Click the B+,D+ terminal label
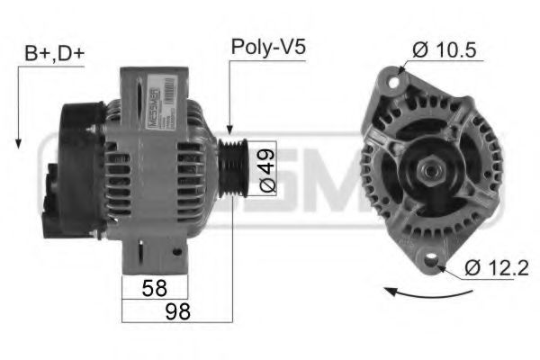[53, 55]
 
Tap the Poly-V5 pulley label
[267, 47]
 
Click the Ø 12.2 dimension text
[498, 267]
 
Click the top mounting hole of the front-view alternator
[392, 82]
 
